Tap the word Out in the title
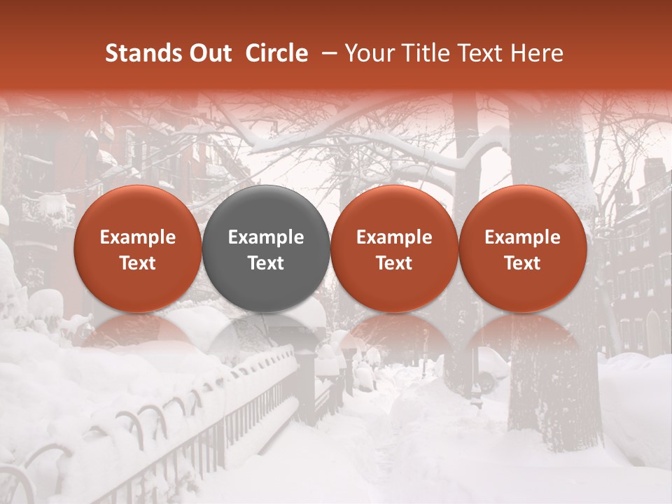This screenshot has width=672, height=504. pos(209,53)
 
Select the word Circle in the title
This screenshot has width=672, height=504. pos(276,53)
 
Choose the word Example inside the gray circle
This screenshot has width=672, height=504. pos(266,237)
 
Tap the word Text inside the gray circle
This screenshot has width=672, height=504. pos(266,263)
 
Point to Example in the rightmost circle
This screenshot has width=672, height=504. pos(523,237)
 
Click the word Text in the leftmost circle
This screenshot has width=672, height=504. pos(137,263)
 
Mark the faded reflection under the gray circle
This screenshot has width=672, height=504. pos(266,336)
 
